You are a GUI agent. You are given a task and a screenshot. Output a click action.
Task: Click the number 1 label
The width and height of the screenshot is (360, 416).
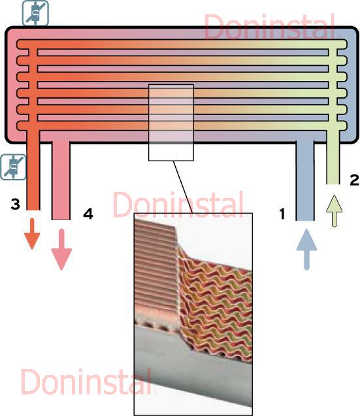tap(282, 214)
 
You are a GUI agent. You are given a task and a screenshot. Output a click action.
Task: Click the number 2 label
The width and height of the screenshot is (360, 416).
tap(354, 180)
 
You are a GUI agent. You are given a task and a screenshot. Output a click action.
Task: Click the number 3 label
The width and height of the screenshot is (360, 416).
tap(16, 204)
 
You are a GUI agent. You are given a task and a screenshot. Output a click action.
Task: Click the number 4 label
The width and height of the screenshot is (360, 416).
tap(88, 214)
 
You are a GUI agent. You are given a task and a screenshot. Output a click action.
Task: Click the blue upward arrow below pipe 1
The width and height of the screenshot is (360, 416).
tap(306, 249)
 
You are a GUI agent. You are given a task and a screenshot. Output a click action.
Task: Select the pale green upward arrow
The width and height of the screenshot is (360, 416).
tap(335, 211)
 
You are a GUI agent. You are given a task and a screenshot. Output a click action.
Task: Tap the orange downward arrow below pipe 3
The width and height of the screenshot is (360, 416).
tap(32, 234)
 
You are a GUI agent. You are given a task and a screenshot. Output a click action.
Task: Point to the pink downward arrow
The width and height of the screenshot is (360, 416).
tap(61, 249)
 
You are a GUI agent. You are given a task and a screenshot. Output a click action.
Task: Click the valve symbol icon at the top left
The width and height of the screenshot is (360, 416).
tap(35, 13)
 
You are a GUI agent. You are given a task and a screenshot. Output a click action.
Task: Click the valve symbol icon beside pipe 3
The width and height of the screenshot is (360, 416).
tap(13, 167)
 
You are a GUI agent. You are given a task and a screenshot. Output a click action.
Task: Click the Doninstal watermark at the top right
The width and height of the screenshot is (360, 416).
tap(270, 27)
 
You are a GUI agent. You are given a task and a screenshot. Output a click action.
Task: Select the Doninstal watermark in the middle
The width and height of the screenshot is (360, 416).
tap(178, 204)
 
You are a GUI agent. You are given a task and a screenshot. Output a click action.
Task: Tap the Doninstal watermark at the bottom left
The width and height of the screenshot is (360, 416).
tap(86, 381)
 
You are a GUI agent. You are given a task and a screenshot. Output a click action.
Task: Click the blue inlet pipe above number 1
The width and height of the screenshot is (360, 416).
tap(305, 180)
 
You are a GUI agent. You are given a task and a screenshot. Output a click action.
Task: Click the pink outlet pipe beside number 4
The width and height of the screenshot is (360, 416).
tap(61, 180)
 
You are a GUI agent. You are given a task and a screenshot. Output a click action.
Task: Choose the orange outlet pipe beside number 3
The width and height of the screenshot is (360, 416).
tap(33, 170)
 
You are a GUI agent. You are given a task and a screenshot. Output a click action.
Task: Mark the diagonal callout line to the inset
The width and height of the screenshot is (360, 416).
tap(183, 187)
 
